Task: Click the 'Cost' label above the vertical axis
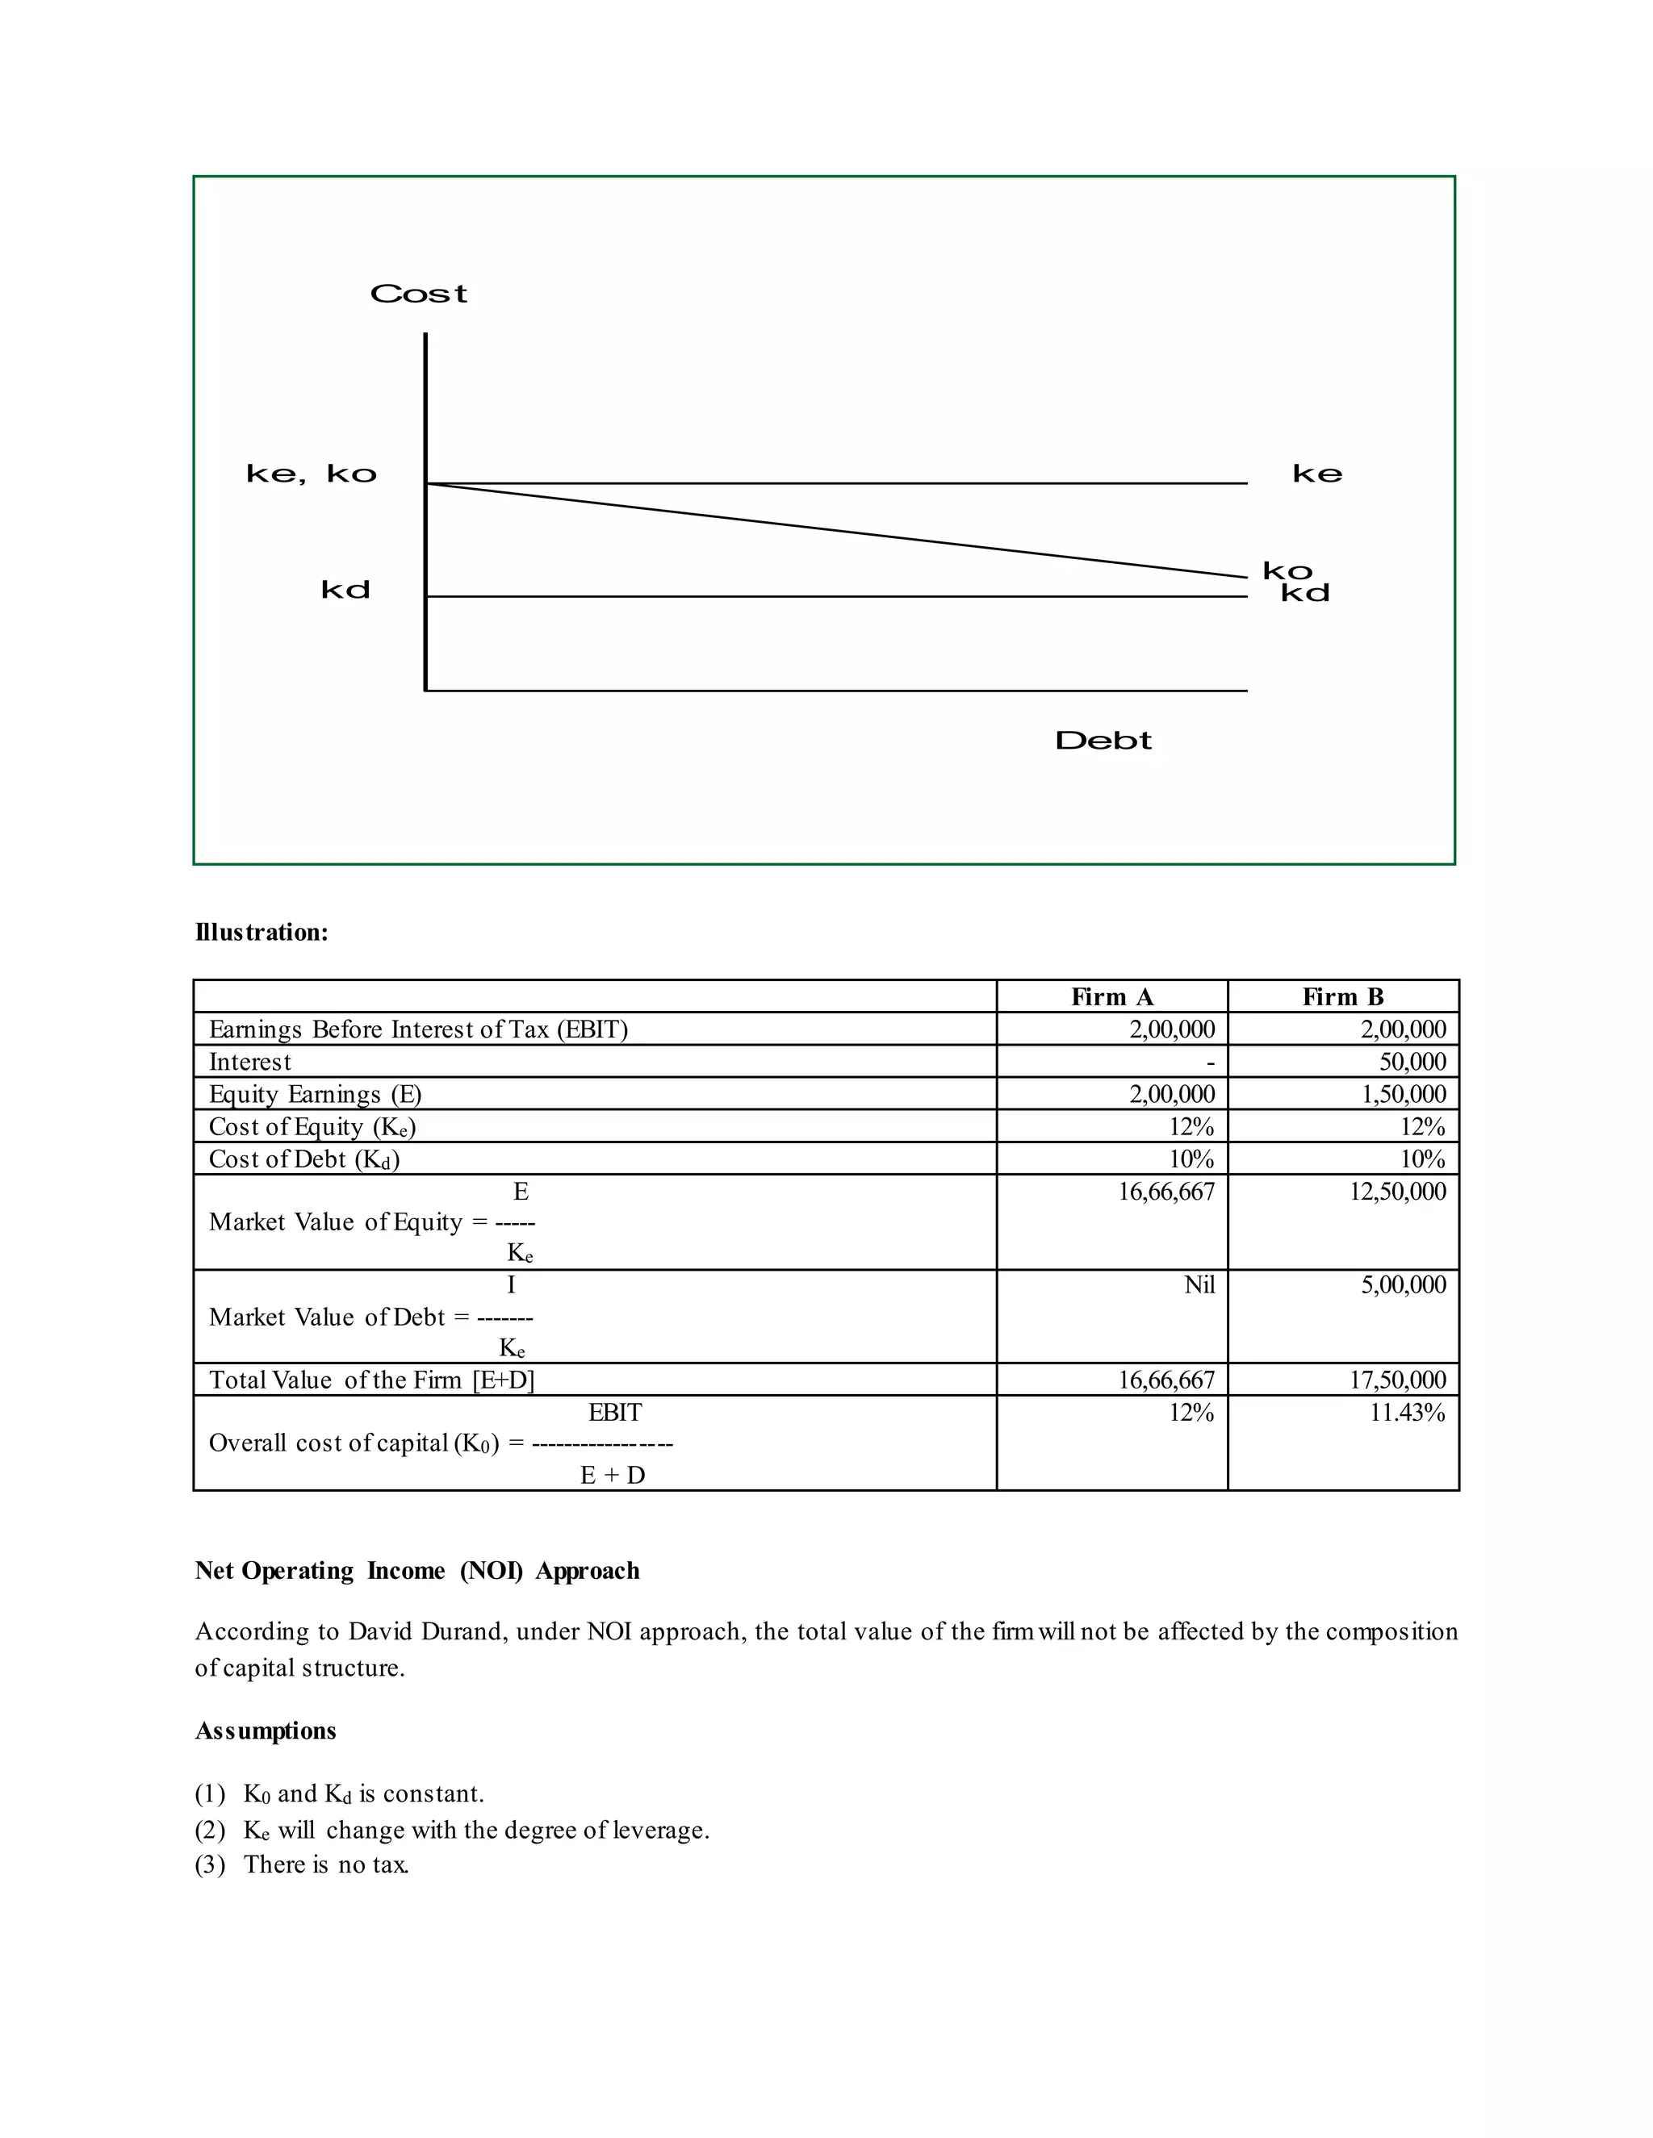[418, 294]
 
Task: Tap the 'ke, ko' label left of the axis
[312, 474]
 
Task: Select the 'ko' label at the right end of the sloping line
[1287, 570]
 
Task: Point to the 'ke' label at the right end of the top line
[1317, 474]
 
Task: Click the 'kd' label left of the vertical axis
[345, 591]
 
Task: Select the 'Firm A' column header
[1111, 996]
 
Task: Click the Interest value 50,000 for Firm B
[1412, 1063]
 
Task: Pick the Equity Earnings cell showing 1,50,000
[1404, 1095]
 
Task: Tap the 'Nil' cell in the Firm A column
[1199, 1285]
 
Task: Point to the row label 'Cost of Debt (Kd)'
[304, 1159]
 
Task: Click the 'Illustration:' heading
[262, 932]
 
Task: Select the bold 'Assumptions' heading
[266, 1731]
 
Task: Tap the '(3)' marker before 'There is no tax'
[210, 1864]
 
